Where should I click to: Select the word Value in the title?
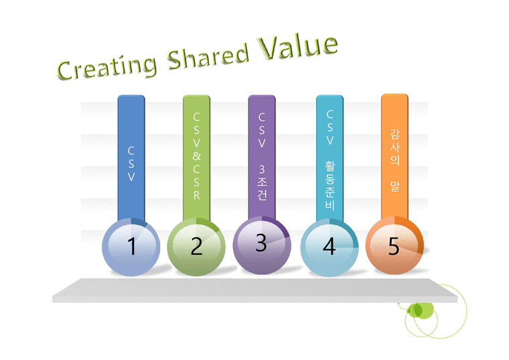(299, 44)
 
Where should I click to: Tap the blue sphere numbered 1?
(131, 247)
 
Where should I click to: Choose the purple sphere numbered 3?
(261, 243)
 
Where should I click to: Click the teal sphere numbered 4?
(328, 246)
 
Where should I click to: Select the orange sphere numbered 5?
(394, 245)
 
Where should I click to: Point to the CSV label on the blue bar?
(131, 165)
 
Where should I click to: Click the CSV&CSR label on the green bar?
(196, 156)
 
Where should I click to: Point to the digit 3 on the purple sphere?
(261, 243)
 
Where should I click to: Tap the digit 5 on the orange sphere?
(394, 247)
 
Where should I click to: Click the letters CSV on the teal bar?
(330, 127)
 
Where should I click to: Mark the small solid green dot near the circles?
(416, 310)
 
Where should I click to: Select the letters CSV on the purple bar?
(262, 130)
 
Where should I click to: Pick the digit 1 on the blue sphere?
(131, 247)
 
